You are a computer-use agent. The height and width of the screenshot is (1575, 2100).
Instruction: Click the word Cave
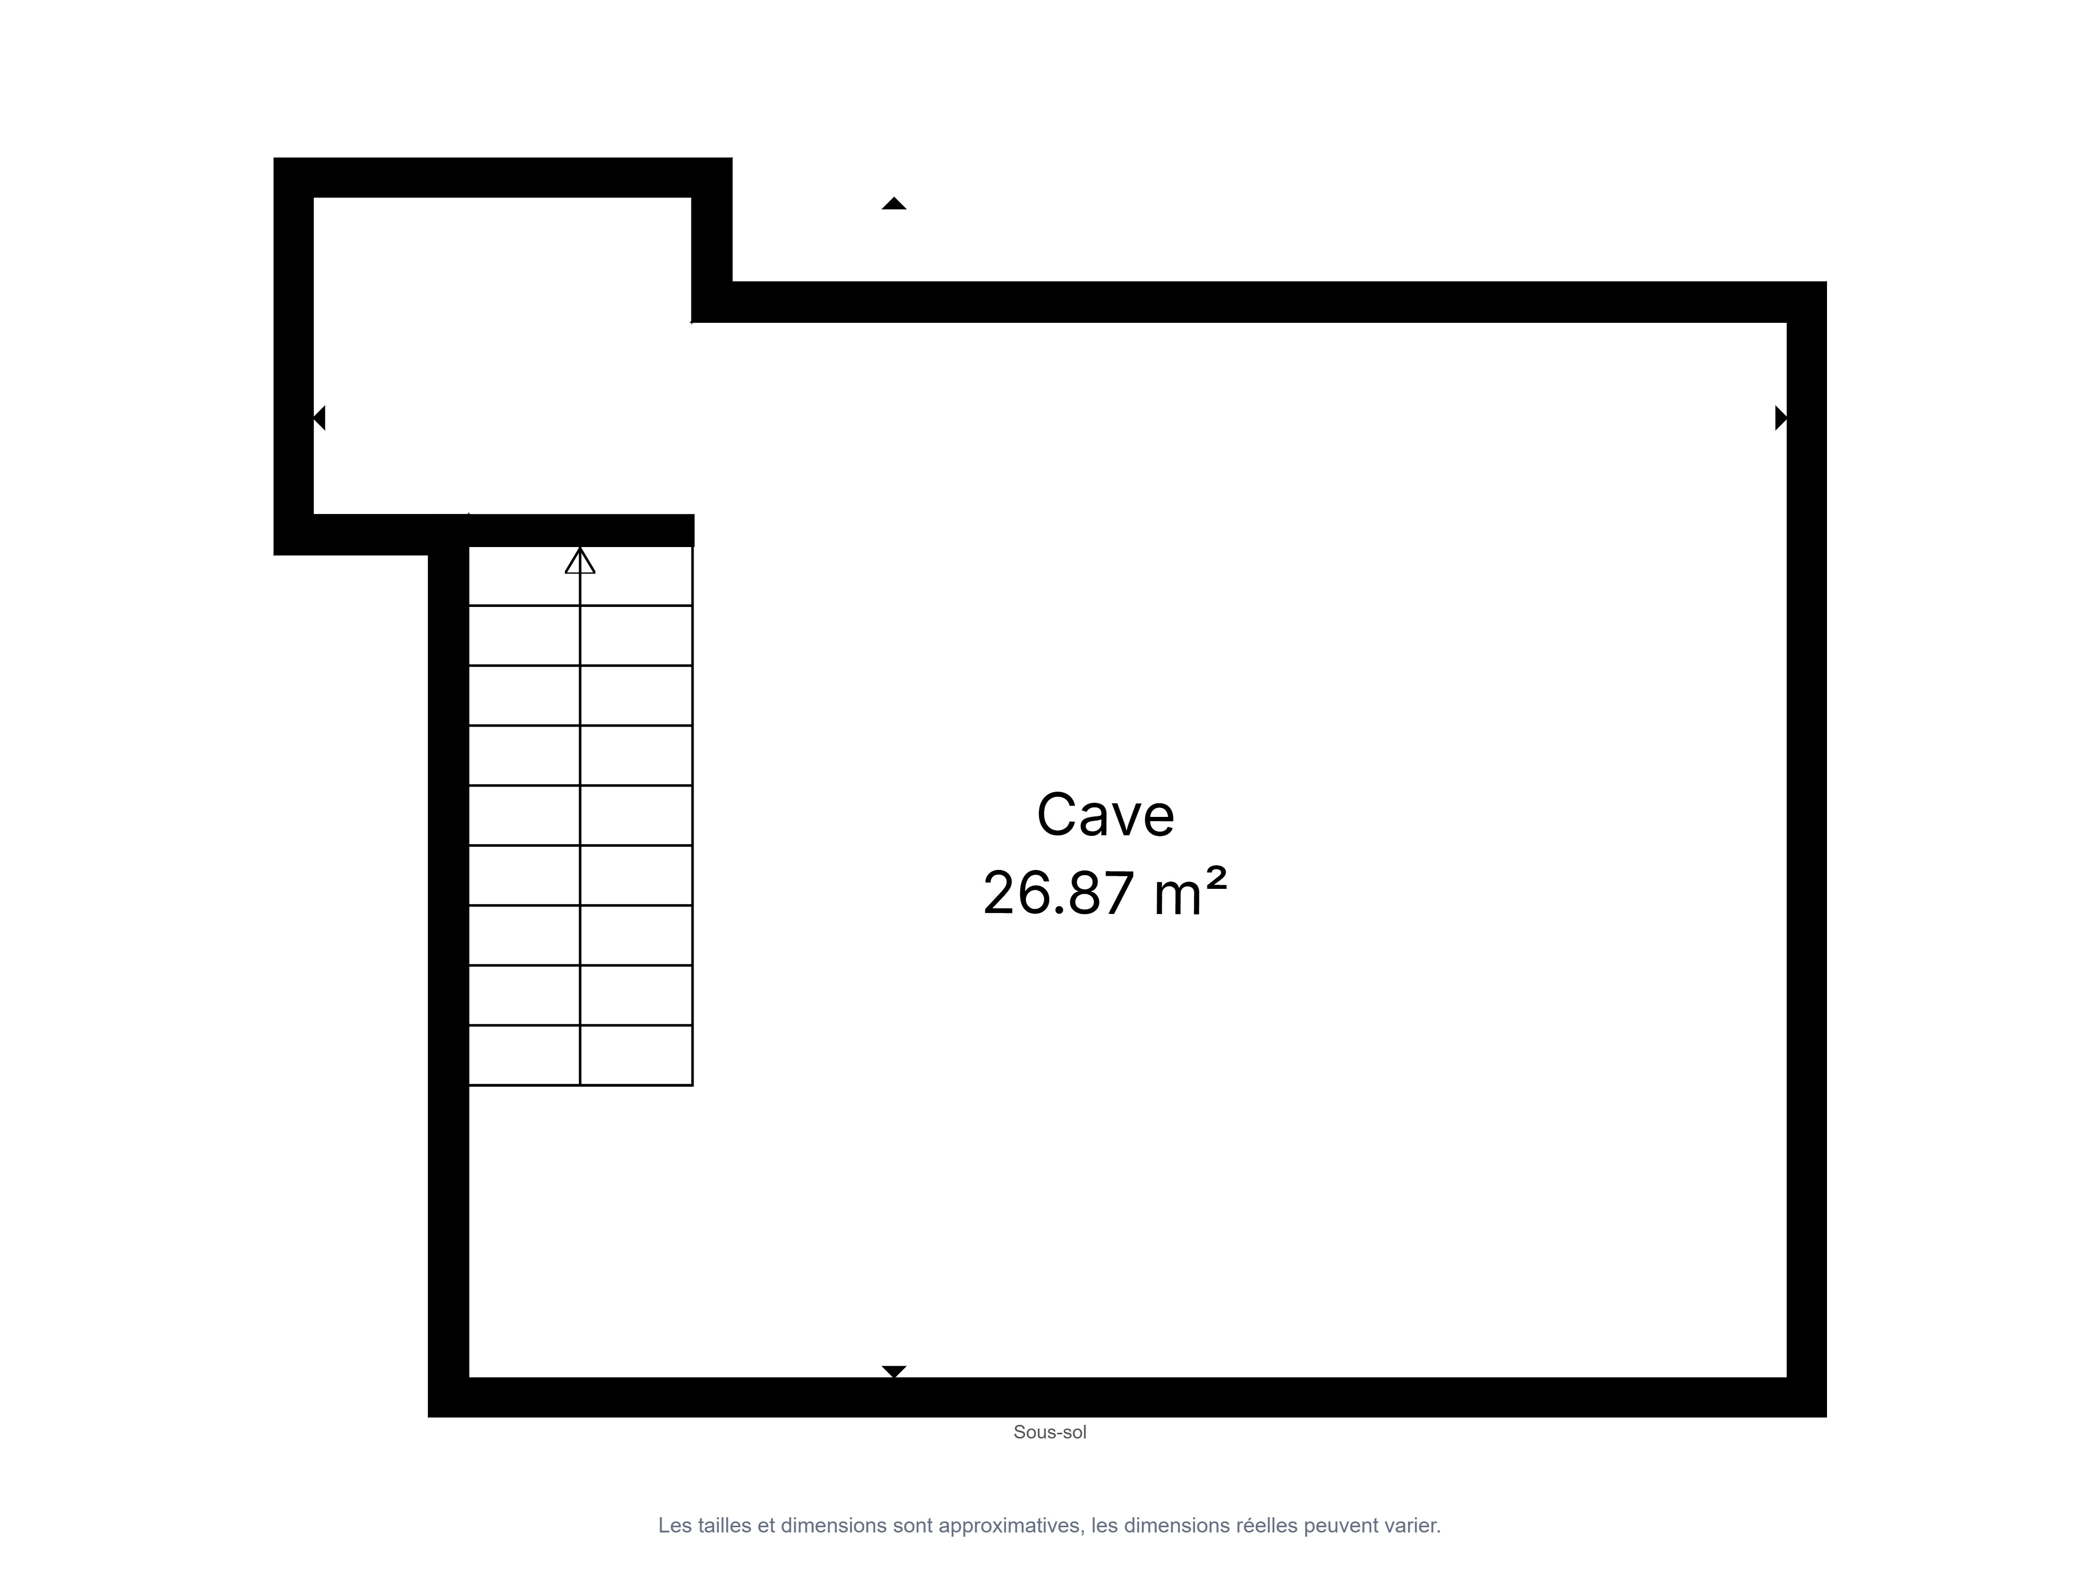tap(1105, 815)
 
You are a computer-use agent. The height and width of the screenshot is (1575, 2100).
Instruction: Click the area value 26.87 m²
tap(1105, 892)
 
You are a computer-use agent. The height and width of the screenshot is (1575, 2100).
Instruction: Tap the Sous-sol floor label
tap(1050, 1432)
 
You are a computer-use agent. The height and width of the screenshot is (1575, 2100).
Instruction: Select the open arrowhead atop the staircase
tap(580, 561)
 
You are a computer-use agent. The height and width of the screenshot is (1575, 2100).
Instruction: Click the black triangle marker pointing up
tap(894, 203)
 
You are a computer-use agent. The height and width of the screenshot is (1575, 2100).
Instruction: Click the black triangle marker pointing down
tap(894, 1371)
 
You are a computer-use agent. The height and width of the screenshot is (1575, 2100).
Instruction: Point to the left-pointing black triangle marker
tap(320, 418)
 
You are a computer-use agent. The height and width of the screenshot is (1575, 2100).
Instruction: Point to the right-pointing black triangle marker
tap(1781, 418)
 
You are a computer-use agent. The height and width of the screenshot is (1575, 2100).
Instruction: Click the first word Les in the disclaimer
tap(675, 1526)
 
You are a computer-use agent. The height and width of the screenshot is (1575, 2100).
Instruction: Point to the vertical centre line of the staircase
tap(580, 816)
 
